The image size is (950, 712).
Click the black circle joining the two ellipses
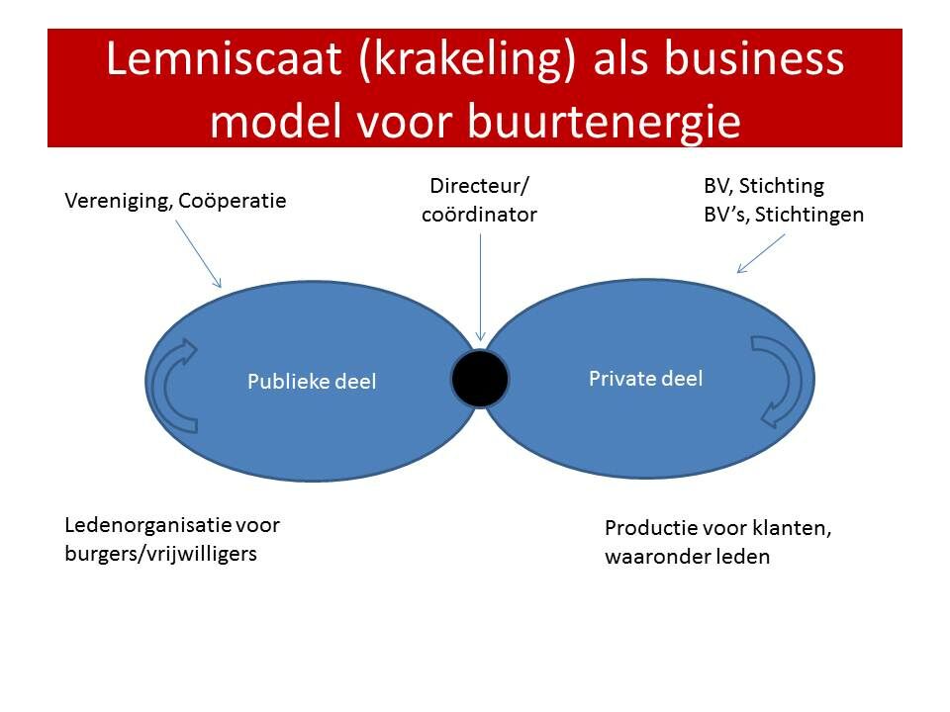click(480, 379)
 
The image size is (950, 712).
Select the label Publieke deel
click(312, 382)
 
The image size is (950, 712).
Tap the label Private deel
click(646, 379)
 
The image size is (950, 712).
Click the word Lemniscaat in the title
click(224, 59)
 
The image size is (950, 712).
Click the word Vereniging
click(118, 201)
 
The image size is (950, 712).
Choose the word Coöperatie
click(232, 201)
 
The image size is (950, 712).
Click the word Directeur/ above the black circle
click(479, 185)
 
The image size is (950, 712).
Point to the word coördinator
click(479, 215)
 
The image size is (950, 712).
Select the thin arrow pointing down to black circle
click(481, 288)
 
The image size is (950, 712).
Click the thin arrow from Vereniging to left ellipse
click(199, 254)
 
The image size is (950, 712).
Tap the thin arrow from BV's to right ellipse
click(760, 254)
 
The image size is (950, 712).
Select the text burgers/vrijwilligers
click(160, 554)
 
